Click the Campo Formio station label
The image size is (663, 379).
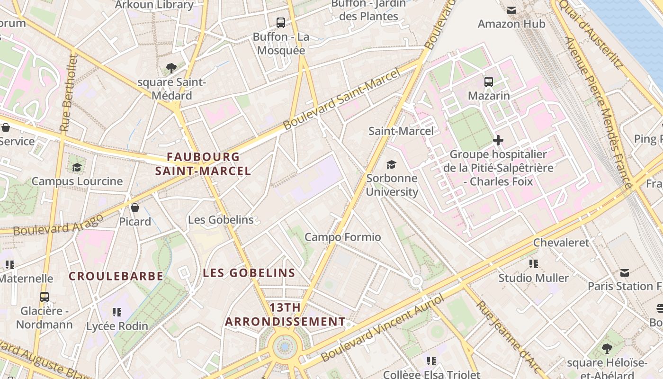pos(342,237)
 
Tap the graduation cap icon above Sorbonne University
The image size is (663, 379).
pos(391,164)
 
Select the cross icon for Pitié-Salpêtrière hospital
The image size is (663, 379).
pos(498,140)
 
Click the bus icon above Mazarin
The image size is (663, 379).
pos(489,82)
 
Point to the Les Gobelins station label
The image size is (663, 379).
pos(221,220)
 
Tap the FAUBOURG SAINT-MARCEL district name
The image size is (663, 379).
pos(203,164)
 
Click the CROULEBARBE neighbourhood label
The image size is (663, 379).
pos(116,276)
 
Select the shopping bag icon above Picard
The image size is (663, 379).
pos(135,208)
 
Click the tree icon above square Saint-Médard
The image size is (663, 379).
pos(171,68)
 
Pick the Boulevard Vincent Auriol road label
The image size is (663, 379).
pos(383,327)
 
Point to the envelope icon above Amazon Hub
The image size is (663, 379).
pos(511,10)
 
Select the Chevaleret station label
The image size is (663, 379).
pos(561,243)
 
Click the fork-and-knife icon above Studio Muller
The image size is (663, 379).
pos(534,264)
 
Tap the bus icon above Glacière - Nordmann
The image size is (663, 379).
pos(44,297)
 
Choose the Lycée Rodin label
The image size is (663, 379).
pos(117,326)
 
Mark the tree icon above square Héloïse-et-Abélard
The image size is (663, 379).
pos(607,349)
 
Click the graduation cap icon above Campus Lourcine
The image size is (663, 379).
pos(77,167)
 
